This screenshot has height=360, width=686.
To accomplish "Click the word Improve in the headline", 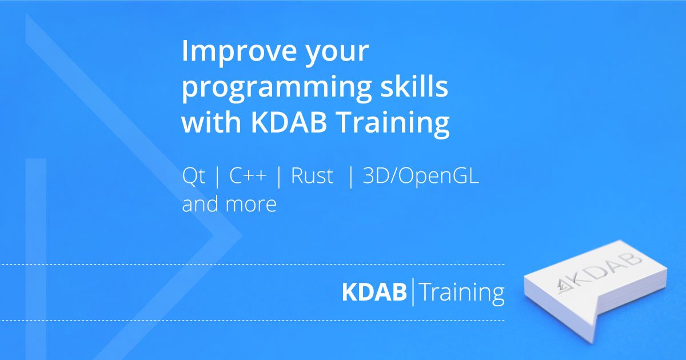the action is pyautogui.click(x=239, y=52).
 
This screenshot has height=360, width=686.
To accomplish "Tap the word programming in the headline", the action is pyautogui.click(x=277, y=87).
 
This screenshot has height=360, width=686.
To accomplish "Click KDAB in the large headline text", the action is pyautogui.click(x=289, y=122).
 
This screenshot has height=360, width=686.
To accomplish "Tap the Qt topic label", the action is pyautogui.click(x=193, y=176).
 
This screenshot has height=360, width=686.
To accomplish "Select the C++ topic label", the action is pyautogui.click(x=248, y=176).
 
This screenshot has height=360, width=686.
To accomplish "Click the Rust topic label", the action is pyautogui.click(x=312, y=176).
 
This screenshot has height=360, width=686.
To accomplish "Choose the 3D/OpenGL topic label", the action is pyautogui.click(x=421, y=177).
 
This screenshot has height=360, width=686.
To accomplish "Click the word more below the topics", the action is pyautogui.click(x=251, y=205).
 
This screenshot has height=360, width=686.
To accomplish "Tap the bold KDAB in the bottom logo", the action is pyautogui.click(x=374, y=292).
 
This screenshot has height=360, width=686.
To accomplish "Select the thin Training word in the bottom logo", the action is pyautogui.click(x=462, y=293).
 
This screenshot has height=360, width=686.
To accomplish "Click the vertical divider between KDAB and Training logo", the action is pyautogui.click(x=413, y=292).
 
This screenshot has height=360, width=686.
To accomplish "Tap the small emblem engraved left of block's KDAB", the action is pyautogui.click(x=564, y=287).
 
